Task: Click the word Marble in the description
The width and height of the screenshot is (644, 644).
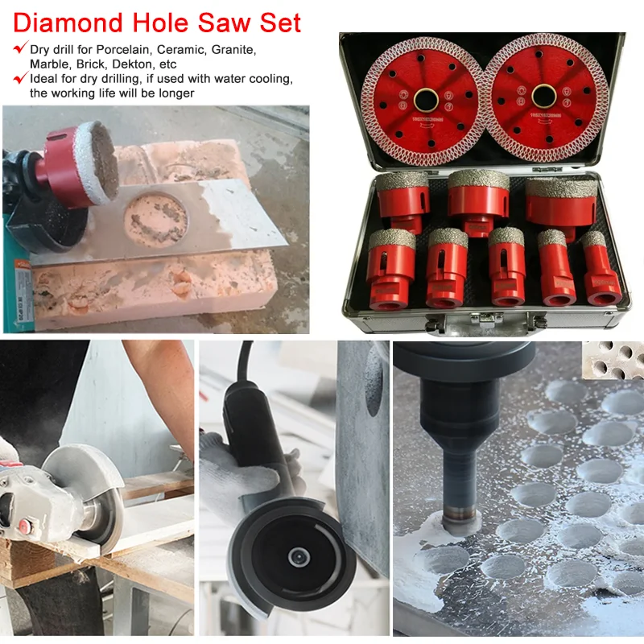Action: click(x=48, y=64)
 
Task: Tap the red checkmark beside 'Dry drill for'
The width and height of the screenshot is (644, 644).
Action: click(x=19, y=49)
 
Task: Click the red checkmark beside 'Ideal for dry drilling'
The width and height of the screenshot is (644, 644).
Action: click(x=19, y=78)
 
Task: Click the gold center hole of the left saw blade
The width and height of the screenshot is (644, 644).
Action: click(x=425, y=98)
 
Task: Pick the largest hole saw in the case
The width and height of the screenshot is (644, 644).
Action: click(x=561, y=206)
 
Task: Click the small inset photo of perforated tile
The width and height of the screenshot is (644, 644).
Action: click(x=614, y=360)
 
